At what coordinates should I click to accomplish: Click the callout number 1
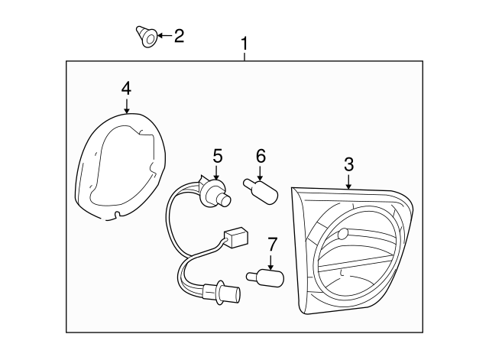pyautogui.click(x=244, y=44)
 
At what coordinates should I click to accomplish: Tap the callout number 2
pyautogui.click(x=179, y=36)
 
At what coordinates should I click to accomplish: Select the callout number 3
pyautogui.click(x=348, y=164)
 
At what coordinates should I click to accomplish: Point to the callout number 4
pyautogui.click(x=126, y=89)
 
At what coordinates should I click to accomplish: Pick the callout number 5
pyautogui.click(x=218, y=156)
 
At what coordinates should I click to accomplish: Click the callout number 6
pyautogui.click(x=261, y=156)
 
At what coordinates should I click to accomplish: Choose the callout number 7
pyautogui.click(x=272, y=245)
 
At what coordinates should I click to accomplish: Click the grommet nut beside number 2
pyautogui.click(x=146, y=37)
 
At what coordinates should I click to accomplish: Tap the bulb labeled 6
pyautogui.click(x=261, y=191)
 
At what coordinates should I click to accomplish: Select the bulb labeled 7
pyautogui.click(x=265, y=277)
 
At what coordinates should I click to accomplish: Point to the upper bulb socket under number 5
pyautogui.click(x=215, y=194)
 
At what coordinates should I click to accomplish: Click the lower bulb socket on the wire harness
pyautogui.click(x=222, y=291)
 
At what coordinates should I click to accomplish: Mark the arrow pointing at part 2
pyautogui.click(x=164, y=35)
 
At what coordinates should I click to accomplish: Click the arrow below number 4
pyautogui.click(x=126, y=105)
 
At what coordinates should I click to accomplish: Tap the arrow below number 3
pyautogui.click(x=348, y=182)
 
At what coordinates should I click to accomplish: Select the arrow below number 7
pyautogui.click(x=270, y=261)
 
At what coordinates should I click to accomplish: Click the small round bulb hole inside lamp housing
pyautogui.click(x=342, y=233)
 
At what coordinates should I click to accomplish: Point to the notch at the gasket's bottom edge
pyautogui.click(x=117, y=214)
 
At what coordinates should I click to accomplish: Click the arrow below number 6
pyautogui.click(x=260, y=174)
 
